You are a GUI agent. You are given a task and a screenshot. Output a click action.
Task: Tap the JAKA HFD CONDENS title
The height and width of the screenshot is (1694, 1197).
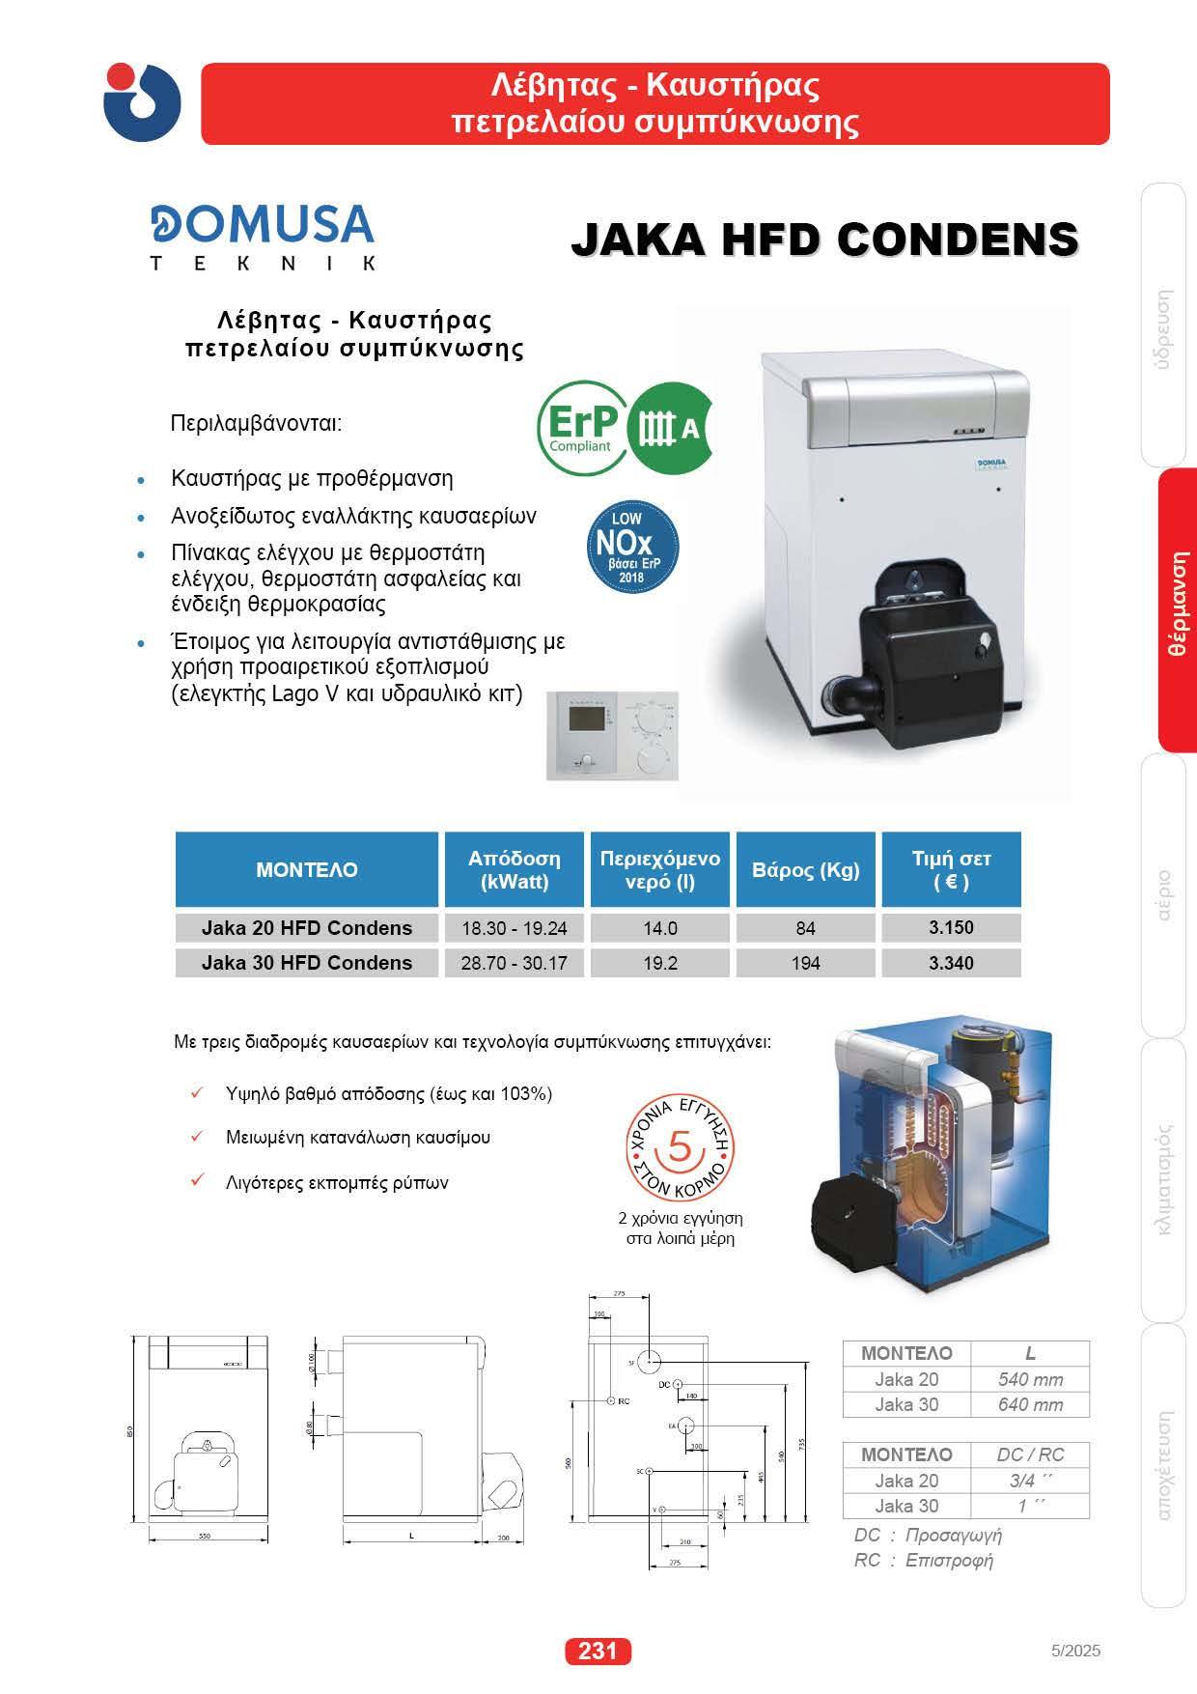pyautogui.click(x=824, y=239)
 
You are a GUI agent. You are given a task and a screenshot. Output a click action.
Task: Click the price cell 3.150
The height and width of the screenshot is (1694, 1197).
pyautogui.click(x=951, y=927)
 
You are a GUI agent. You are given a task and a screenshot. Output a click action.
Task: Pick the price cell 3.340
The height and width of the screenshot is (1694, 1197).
pyautogui.click(x=951, y=962)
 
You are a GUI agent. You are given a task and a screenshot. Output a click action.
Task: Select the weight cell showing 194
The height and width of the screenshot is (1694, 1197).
pyautogui.click(x=805, y=962)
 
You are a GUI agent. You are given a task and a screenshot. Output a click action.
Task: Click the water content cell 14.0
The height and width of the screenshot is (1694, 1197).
pyautogui.click(x=660, y=927)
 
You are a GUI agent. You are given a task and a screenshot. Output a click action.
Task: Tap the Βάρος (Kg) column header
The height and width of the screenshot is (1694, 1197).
pyautogui.click(x=805, y=869)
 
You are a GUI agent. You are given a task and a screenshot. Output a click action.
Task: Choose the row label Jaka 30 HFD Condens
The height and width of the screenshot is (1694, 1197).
pyautogui.click(x=307, y=962)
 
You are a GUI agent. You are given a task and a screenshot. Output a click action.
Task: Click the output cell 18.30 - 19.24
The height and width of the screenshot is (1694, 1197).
pyautogui.click(x=514, y=927)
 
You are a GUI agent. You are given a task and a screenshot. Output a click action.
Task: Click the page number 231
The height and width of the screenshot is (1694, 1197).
pyautogui.click(x=598, y=1652)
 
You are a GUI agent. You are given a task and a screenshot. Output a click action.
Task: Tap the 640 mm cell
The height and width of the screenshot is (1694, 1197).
pyautogui.click(x=1030, y=1404)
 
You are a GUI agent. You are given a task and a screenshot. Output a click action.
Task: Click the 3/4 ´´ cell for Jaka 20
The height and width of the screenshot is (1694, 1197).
pyautogui.click(x=1030, y=1480)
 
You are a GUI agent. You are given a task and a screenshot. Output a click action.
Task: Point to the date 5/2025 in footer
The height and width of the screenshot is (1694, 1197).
pyautogui.click(x=1074, y=1651)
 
